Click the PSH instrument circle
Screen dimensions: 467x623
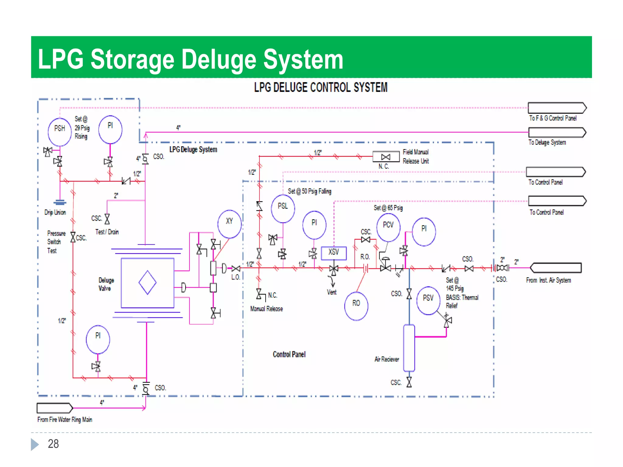[60, 132]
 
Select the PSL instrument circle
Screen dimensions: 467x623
[283, 209]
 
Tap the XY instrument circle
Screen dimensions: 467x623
[230, 224]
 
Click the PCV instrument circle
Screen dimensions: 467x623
[388, 227]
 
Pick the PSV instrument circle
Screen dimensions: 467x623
[428, 301]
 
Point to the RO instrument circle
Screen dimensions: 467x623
[356, 306]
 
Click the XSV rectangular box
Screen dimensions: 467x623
[334, 253]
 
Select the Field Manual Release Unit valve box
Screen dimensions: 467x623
[386, 157]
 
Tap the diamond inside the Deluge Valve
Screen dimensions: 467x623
[148, 283]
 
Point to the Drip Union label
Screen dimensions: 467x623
[55, 212]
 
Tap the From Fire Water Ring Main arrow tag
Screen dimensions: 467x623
[55, 408]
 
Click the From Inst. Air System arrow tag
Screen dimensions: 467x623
[556, 268]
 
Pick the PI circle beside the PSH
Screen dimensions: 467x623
[110, 129]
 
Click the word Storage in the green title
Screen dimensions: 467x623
[132, 59]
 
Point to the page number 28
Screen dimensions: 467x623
[53, 444]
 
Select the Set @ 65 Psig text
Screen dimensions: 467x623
[388, 208]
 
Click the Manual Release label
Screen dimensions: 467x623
[266, 309]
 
